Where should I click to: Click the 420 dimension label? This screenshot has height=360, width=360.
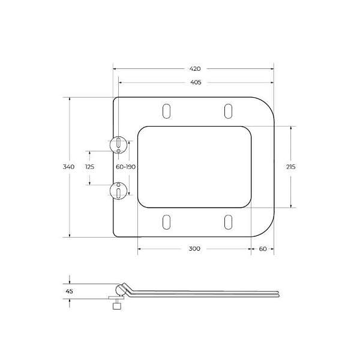(195, 68)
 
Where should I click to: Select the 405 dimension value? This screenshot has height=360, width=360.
(196, 82)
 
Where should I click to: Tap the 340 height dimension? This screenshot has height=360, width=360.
(68, 167)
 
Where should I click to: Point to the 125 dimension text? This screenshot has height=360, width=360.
(89, 167)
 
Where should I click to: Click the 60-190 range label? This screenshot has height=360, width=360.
(125, 167)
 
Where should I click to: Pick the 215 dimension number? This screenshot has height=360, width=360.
(290, 167)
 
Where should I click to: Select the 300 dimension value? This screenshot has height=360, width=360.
(194, 248)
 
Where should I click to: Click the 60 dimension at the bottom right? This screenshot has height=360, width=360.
(263, 248)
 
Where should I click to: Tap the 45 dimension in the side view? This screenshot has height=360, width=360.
(69, 291)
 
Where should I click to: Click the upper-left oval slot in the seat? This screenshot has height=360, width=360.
(166, 111)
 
